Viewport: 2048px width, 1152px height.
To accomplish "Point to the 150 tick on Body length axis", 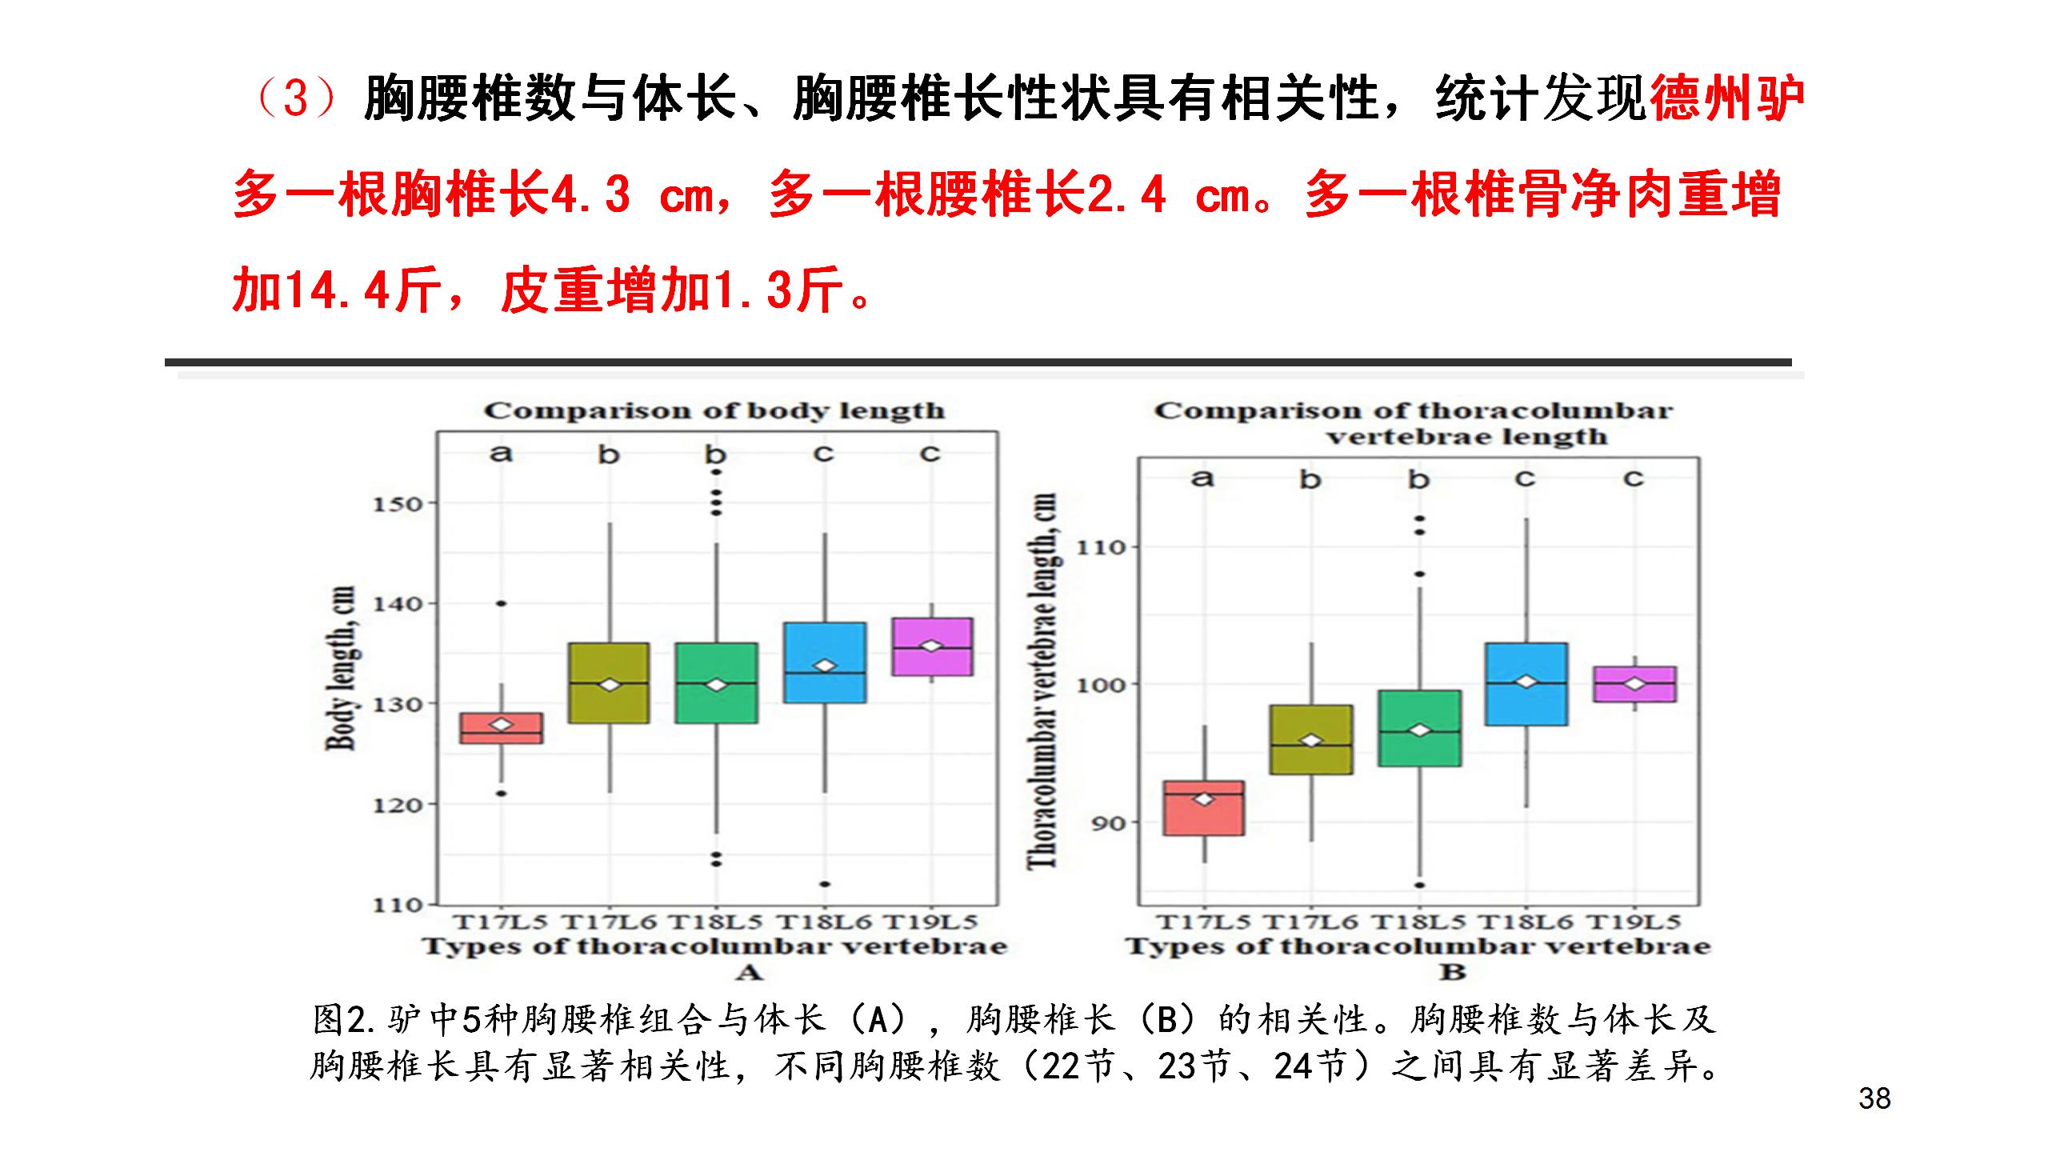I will point(398,505).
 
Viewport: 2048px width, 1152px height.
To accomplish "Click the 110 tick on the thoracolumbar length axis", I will point(1101,548).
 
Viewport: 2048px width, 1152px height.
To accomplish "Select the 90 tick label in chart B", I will point(1109,823).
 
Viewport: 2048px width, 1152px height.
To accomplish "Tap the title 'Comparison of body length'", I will point(714,411).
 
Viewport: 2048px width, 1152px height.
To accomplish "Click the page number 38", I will point(1874,1098).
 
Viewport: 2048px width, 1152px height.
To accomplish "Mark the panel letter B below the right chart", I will point(1453,972).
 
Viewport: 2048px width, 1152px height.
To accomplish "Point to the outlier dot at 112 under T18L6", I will point(825,884).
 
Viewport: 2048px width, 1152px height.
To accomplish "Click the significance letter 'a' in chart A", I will point(501,454).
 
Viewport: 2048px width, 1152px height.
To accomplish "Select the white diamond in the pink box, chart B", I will point(1634,684).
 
